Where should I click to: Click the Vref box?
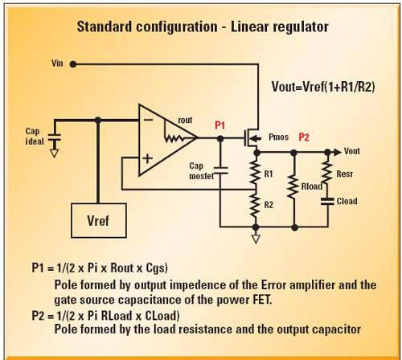click(x=99, y=220)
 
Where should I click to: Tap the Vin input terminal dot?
click(x=73, y=64)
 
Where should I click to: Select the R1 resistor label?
click(x=269, y=174)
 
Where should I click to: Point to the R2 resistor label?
click(x=269, y=205)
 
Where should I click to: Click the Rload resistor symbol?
click(x=294, y=186)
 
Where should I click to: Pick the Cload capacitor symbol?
click(x=327, y=202)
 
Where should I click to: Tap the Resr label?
click(x=344, y=174)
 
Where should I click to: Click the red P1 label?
click(x=219, y=125)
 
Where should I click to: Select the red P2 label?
click(x=304, y=137)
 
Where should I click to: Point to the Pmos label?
click(x=278, y=137)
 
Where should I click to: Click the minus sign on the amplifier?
click(x=148, y=121)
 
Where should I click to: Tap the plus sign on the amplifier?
click(x=148, y=158)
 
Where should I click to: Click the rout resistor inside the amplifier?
click(x=174, y=138)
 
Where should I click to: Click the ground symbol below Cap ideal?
click(x=55, y=153)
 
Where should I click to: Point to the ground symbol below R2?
click(x=256, y=239)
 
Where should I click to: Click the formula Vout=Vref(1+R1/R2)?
click(x=323, y=87)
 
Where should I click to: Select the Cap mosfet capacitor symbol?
click(x=220, y=170)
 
